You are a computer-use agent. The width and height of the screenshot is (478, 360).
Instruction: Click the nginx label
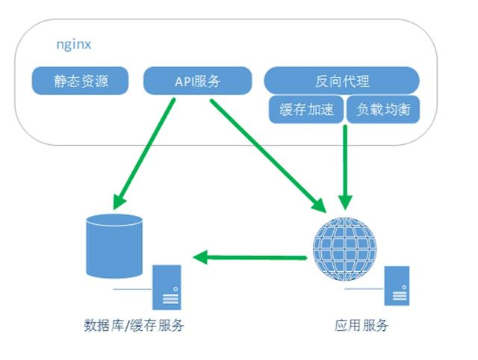tap(74, 44)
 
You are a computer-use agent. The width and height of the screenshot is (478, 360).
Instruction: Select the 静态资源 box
tap(79, 81)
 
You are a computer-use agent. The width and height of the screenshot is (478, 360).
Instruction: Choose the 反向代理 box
tap(341, 81)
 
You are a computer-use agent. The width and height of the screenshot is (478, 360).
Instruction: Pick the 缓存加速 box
tap(305, 110)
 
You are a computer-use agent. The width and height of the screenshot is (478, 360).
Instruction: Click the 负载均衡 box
tap(382, 110)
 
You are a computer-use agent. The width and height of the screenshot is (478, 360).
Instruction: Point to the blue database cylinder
tap(114, 246)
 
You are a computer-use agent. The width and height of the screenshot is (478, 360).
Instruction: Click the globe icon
tap(345, 246)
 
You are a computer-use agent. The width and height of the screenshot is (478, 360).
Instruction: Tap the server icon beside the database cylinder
tap(167, 287)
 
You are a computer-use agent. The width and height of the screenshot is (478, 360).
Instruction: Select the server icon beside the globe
tap(397, 285)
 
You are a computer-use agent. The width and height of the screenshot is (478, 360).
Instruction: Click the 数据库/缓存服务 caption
tap(134, 326)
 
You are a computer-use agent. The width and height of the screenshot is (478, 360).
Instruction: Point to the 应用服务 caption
tap(362, 326)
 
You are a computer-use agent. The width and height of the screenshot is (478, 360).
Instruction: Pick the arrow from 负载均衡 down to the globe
tap(345, 164)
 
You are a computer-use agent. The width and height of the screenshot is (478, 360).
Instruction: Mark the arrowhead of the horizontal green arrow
tap(201, 258)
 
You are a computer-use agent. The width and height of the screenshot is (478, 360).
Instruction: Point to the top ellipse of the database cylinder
tap(114, 220)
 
